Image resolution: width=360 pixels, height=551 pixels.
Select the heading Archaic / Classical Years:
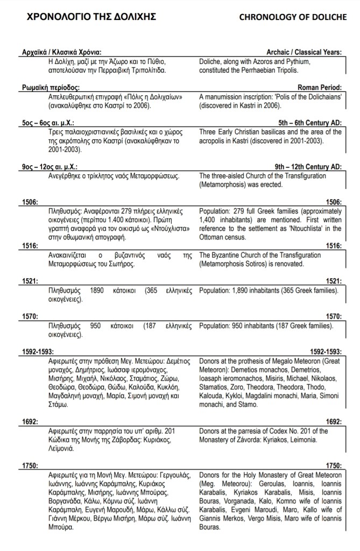click(299, 52)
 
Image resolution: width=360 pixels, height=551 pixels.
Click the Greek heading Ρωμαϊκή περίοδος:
click(51, 87)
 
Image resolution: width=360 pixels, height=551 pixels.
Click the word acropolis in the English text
click(215, 140)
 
